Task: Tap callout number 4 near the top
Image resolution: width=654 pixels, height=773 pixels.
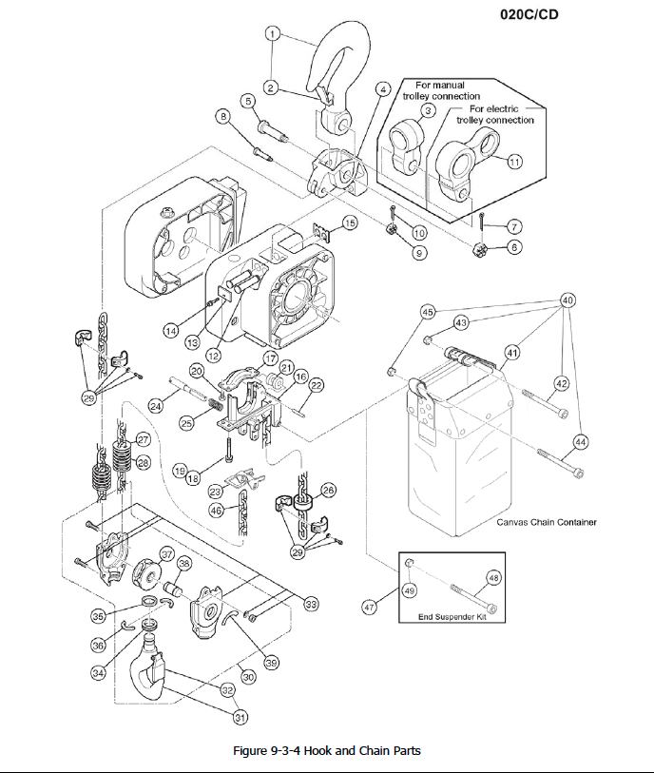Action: click(383, 89)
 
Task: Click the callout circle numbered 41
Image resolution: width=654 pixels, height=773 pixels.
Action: click(512, 353)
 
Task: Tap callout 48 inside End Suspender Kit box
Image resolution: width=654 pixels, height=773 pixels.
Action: click(493, 577)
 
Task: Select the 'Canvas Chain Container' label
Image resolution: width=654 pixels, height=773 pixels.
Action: click(546, 522)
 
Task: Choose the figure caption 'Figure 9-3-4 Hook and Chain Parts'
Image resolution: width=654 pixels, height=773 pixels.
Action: click(326, 750)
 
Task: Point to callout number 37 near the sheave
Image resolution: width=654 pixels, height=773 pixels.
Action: click(166, 554)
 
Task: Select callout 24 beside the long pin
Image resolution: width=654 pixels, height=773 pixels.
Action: click(156, 406)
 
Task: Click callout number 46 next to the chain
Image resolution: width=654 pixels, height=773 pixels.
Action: click(217, 511)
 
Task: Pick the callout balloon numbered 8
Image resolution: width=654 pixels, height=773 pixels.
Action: click(224, 117)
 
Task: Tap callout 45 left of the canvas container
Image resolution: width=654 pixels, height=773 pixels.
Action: click(428, 312)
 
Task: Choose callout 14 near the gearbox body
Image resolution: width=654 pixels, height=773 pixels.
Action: click(171, 332)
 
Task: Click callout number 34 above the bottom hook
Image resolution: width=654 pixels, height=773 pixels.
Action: click(98, 672)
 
